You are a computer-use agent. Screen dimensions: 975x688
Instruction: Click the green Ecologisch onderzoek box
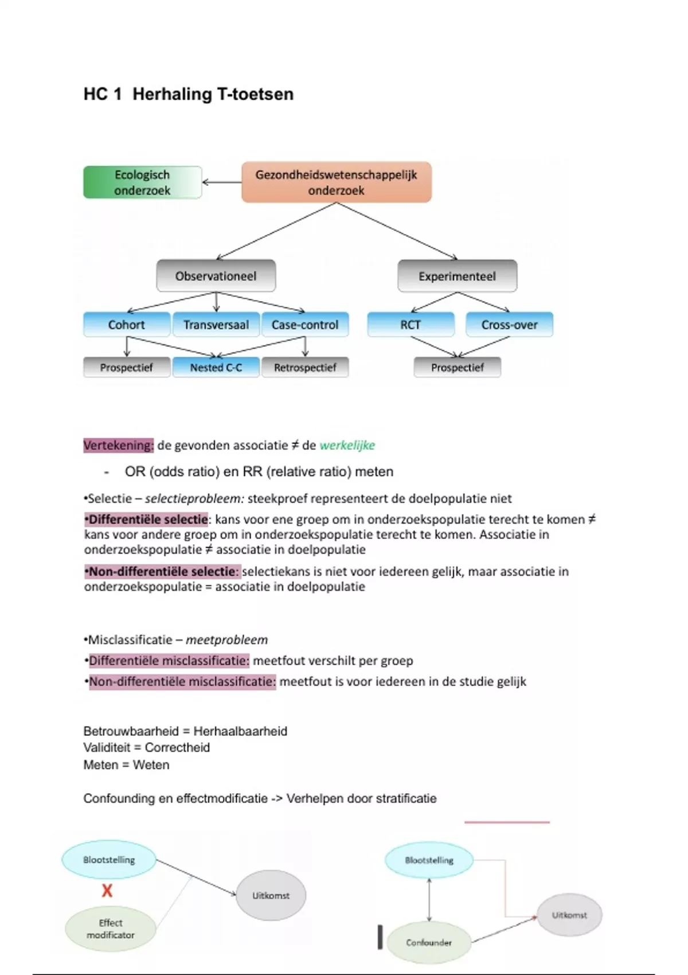coord(142,182)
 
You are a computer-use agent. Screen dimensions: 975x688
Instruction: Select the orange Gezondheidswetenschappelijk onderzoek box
coord(336,182)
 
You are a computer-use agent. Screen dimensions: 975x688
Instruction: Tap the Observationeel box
coord(216,276)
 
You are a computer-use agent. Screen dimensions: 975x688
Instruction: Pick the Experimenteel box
coord(457,276)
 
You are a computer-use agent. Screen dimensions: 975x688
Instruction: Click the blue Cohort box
coord(127,325)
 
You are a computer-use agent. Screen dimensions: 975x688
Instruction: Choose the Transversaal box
coord(216,325)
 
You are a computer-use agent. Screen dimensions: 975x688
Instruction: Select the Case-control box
coord(305,325)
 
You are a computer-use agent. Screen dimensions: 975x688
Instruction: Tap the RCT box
coord(411,325)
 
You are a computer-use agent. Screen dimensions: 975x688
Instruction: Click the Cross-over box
coord(509,325)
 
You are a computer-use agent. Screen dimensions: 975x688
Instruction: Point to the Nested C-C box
coord(216,368)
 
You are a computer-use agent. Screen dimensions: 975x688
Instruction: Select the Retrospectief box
coord(305,368)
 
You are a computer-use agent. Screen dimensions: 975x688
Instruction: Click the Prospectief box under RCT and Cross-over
coord(458,368)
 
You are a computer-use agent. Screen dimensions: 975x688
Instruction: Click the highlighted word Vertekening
coord(119,446)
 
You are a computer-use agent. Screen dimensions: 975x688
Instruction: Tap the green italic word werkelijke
coord(347,446)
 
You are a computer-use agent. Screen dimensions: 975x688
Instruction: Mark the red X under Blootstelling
coord(107,891)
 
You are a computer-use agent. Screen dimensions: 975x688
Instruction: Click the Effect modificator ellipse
coord(110,929)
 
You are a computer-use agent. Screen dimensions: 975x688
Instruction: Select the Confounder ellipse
coord(429,942)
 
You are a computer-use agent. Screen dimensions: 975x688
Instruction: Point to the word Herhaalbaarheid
coord(240,731)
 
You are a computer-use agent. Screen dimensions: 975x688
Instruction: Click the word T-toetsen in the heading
coord(255,94)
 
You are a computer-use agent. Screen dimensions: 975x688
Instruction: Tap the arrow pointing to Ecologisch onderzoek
coord(221,182)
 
